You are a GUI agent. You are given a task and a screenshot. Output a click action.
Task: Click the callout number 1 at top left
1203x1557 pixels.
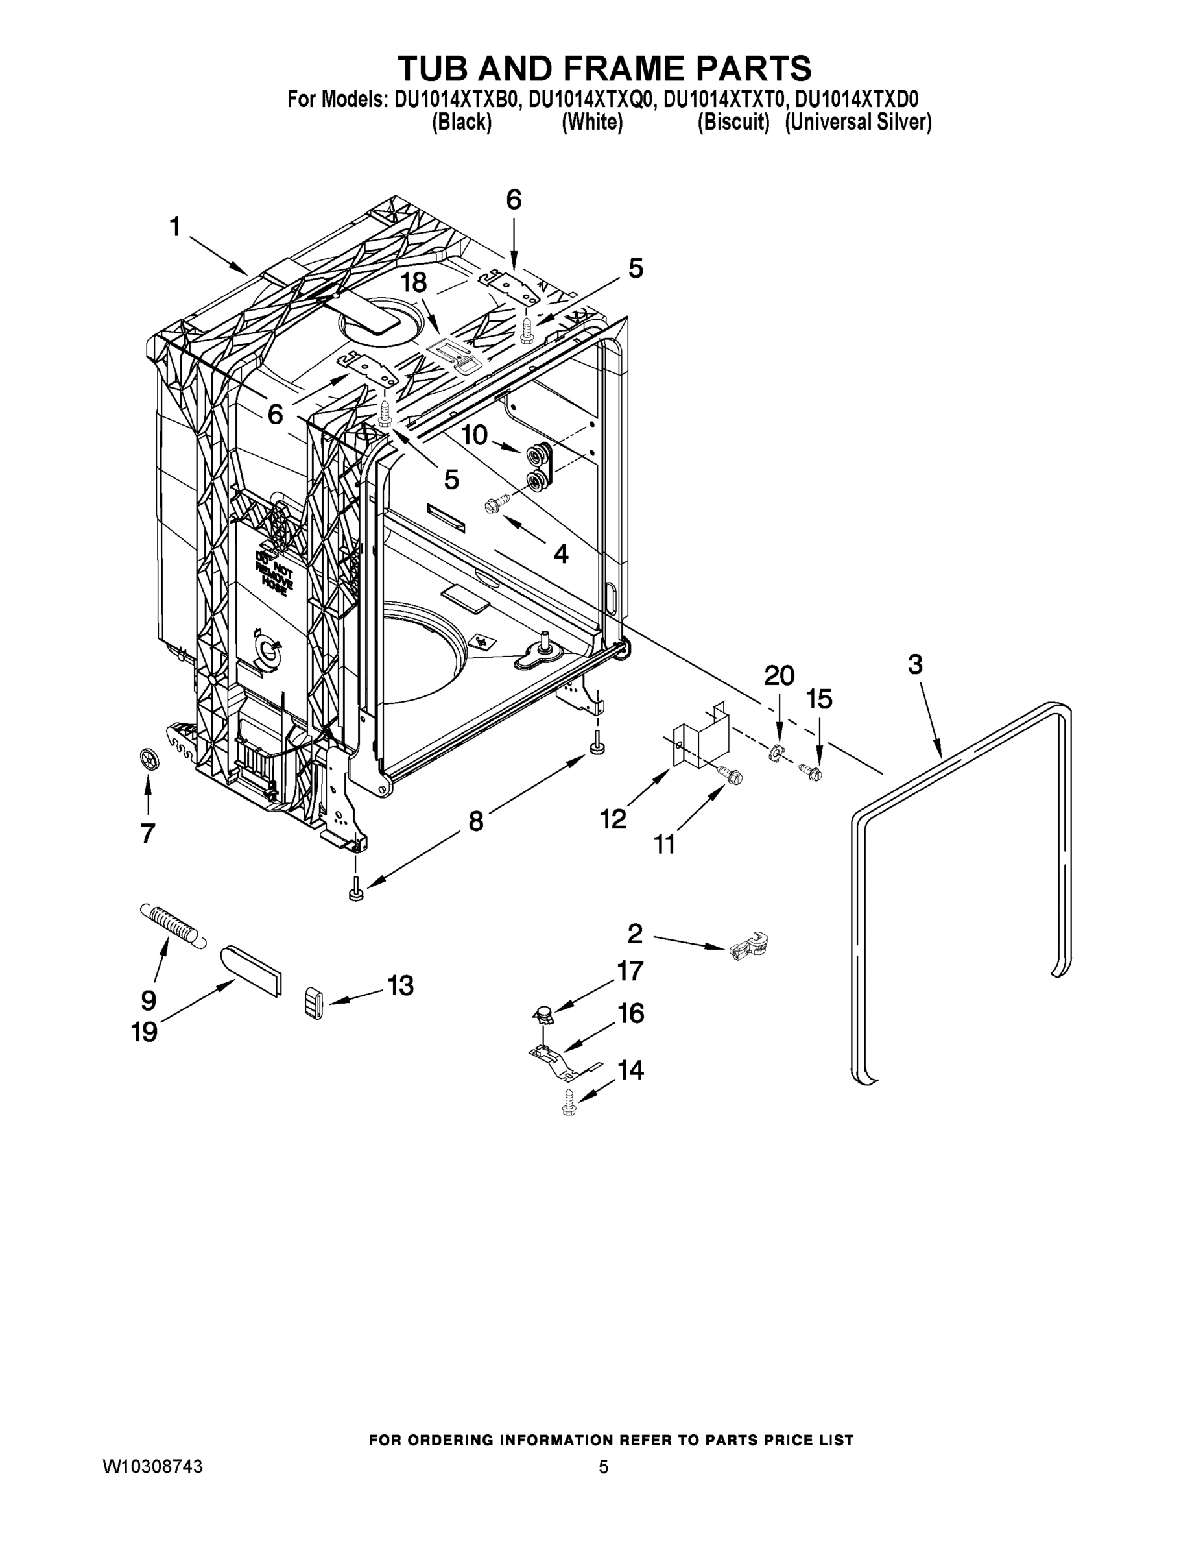(174, 228)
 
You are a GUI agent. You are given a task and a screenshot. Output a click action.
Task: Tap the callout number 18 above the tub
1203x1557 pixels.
(413, 283)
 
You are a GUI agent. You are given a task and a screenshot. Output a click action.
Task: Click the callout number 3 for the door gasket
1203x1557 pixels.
(915, 664)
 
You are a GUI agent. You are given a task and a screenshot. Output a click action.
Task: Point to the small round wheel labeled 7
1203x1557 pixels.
(149, 760)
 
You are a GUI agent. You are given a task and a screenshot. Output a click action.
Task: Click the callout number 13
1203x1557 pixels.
(400, 986)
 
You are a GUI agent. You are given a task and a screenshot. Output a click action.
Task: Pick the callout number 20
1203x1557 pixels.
(780, 676)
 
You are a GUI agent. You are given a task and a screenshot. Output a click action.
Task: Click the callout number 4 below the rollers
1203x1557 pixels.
(561, 554)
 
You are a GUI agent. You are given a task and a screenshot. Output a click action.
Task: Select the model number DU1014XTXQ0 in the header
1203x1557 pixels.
(591, 99)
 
